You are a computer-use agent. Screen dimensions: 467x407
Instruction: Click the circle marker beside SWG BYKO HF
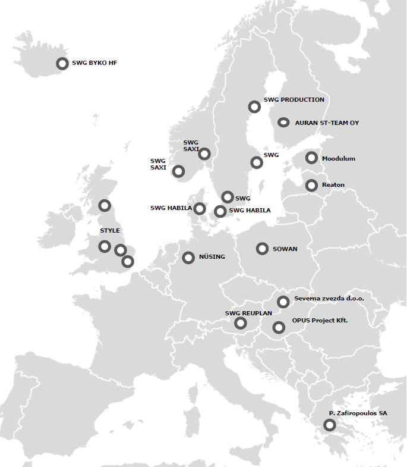click(62, 63)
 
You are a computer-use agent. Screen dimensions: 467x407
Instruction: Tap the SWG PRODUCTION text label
click(294, 100)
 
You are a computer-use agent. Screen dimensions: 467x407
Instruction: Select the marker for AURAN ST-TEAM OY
click(284, 123)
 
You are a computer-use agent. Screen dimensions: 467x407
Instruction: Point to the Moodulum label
click(338, 159)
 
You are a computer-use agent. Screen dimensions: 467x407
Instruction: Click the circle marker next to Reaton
click(311, 186)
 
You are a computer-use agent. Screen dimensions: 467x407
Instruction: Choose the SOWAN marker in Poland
click(262, 249)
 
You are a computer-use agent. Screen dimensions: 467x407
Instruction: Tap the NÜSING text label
click(212, 257)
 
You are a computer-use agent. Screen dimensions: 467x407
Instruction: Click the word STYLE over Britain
click(110, 230)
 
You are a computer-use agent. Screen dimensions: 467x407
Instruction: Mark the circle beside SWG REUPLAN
click(241, 323)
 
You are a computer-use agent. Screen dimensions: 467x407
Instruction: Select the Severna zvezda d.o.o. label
click(329, 299)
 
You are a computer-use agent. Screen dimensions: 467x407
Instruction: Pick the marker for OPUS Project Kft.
click(279, 327)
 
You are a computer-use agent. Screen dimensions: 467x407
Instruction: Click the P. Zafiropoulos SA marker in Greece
click(329, 425)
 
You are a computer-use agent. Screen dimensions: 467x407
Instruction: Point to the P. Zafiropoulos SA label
click(358, 413)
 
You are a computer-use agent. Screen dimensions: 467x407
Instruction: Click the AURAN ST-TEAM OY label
click(327, 123)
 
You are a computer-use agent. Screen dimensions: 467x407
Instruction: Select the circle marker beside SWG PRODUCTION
click(254, 107)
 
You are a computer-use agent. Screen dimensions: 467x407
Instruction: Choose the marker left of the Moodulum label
click(311, 158)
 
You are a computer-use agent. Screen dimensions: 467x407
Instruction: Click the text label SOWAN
click(285, 249)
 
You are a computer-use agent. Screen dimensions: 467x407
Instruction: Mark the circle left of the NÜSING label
click(188, 258)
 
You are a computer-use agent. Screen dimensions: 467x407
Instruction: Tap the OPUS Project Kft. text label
click(320, 321)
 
